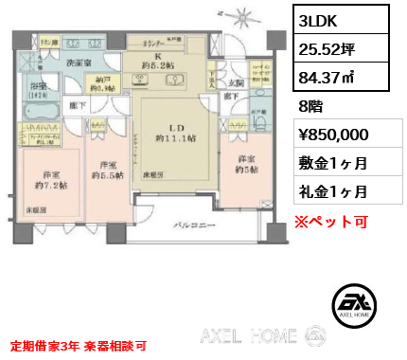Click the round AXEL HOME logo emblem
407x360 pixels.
[x=360, y=304]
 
